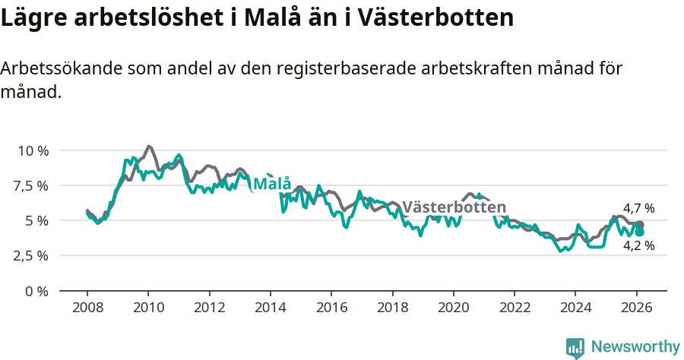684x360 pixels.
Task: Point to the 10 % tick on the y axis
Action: click(33, 150)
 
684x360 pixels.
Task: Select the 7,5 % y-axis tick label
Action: click(33, 185)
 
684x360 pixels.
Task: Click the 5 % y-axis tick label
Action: click(37, 220)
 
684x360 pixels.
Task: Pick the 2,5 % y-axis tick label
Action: click(33, 255)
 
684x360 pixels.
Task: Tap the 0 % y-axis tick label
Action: click(37, 291)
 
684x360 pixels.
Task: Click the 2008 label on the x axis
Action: click(87, 308)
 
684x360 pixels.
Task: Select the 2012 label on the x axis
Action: click(209, 308)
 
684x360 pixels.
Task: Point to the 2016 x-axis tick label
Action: click(331, 308)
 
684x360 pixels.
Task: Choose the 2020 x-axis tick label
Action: click(453, 308)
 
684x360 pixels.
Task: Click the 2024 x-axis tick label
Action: click(575, 308)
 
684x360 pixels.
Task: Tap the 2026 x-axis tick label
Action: click(636, 308)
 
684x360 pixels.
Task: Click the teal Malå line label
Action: click(272, 184)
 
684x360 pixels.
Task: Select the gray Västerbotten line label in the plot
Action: click(454, 207)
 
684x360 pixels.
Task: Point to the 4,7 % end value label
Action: click(638, 208)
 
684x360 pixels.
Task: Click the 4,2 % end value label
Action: click(638, 246)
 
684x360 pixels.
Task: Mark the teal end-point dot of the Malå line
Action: click(640, 232)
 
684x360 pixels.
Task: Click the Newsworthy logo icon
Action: click(575, 348)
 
